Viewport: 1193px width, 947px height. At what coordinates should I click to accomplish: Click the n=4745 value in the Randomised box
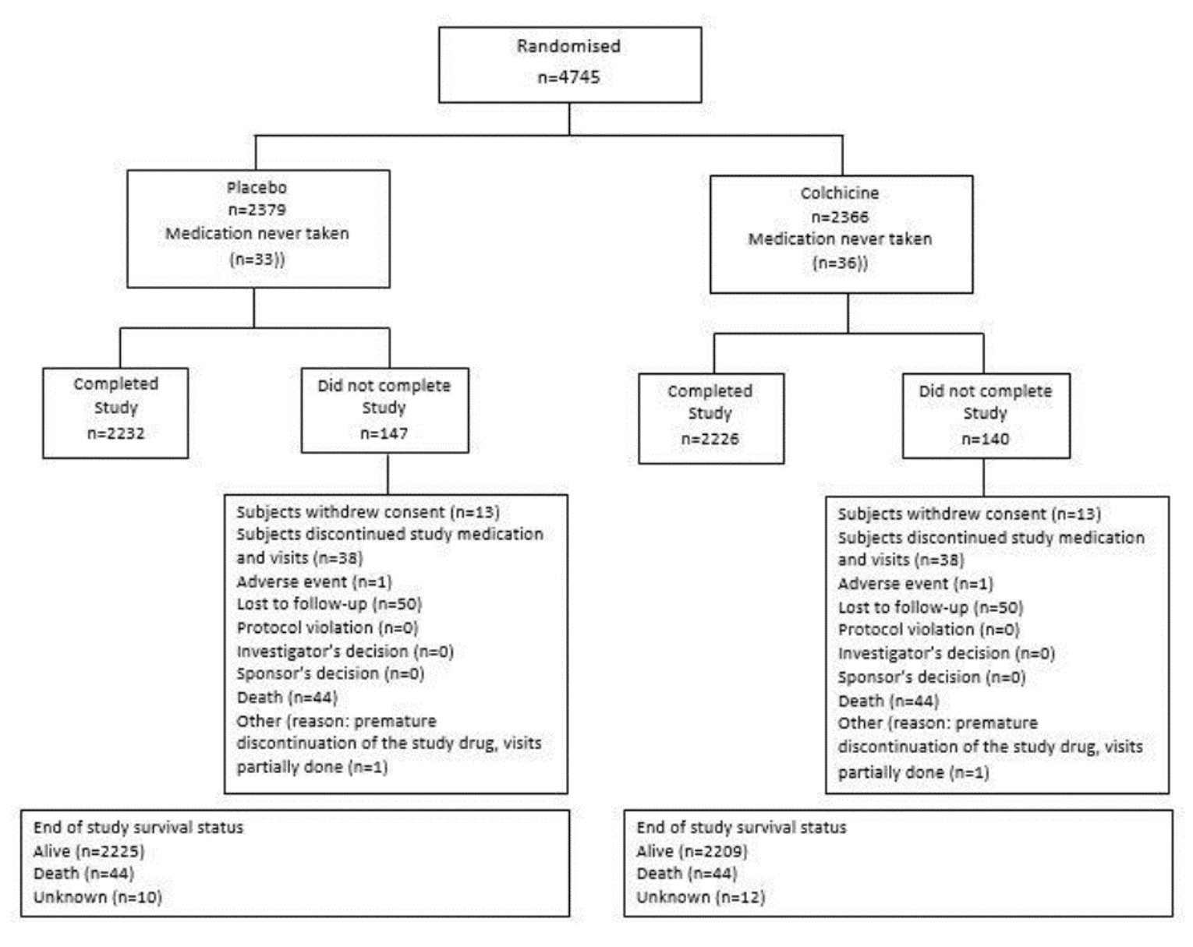(568, 77)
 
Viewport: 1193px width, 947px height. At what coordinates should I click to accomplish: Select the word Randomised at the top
(568, 46)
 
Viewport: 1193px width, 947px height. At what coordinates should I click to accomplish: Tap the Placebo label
(257, 188)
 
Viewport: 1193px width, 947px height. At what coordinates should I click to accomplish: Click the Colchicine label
(840, 193)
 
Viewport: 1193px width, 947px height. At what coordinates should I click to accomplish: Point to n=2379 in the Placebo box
(257, 210)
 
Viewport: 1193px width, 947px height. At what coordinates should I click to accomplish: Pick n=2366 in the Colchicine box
(840, 217)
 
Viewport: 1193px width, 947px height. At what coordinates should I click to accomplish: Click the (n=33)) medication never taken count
(257, 259)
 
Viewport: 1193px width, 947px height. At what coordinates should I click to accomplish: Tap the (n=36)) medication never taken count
(841, 263)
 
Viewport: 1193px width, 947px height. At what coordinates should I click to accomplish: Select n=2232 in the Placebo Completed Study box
(115, 433)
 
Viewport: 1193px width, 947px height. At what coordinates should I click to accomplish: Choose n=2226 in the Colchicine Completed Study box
(710, 439)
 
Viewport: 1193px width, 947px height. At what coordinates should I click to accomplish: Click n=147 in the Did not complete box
(384, 433)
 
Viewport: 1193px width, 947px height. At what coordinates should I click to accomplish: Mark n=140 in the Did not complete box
(985, 439)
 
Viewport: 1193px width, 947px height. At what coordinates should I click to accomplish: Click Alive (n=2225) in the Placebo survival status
(89, 851)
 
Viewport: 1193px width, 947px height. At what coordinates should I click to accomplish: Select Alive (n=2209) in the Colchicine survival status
(692, 851)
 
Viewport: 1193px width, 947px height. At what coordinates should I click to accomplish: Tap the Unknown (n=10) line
(97, 897)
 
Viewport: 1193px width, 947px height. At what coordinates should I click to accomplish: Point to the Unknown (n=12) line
(700, 897)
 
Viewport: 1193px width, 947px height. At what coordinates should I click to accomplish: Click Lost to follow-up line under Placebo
(329, 604)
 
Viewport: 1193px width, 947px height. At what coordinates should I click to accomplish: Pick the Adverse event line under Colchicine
(915, 584)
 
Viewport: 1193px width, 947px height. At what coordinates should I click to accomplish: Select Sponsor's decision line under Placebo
(331, 673)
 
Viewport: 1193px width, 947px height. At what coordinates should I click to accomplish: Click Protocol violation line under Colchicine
(929, 630)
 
